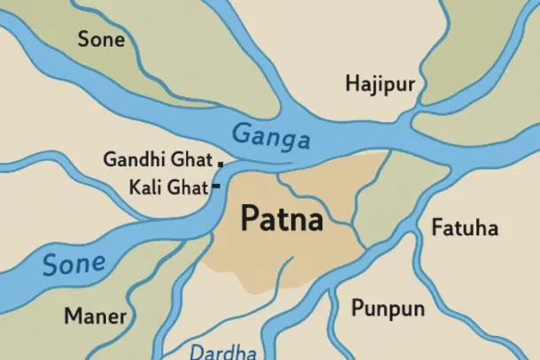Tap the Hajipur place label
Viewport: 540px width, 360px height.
tap(380, 85)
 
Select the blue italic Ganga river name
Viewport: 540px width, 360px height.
tap(271, 136)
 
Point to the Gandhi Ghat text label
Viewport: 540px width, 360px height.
tap(158, 160)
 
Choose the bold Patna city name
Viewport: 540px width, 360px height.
tap(282, 218)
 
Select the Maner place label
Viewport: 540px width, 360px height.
tap(95, 316)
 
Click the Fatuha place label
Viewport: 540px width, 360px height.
tap(465, 228)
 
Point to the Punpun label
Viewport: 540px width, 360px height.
tap(388, 309)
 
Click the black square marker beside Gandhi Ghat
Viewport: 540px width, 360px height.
tap(220, 163)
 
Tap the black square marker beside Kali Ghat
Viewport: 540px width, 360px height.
tap(215, 188)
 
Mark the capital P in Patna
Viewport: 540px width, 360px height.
tap(250, 218)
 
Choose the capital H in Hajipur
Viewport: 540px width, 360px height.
tap(353, 84)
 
